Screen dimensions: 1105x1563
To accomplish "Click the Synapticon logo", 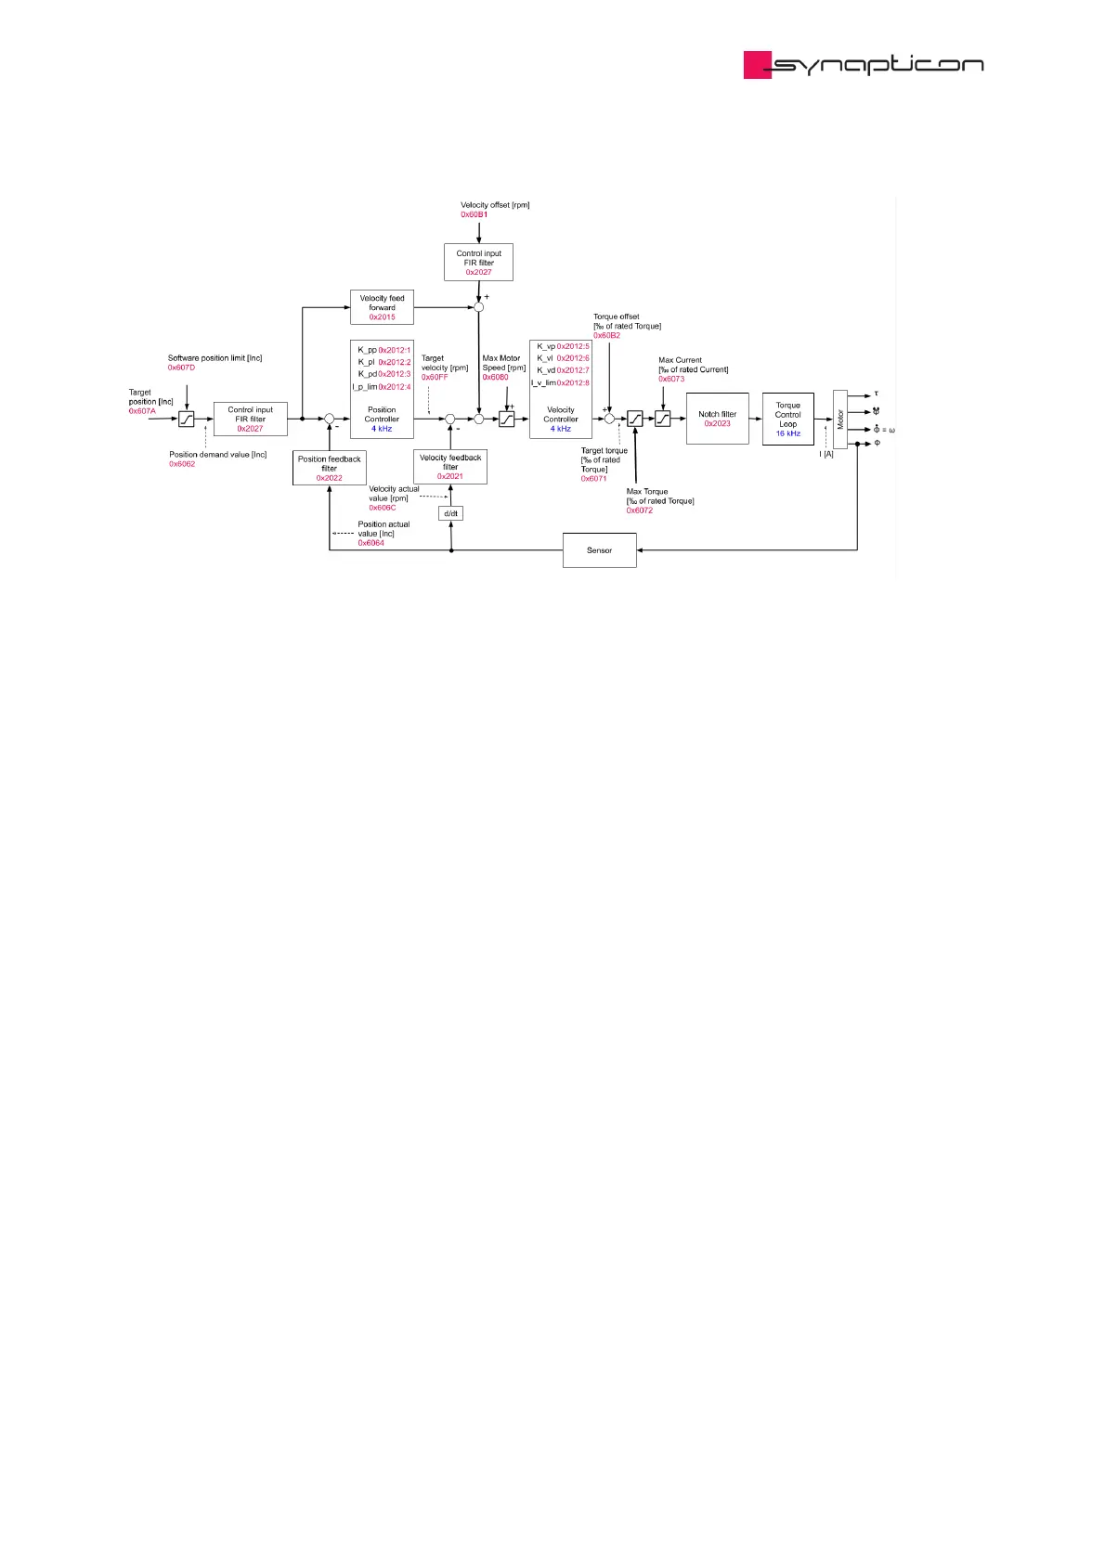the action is pos(863,64).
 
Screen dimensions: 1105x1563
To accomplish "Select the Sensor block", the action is pos(599,550).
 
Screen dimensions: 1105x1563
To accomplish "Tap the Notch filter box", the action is pos(717,419).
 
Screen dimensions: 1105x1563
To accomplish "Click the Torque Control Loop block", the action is pos(787,420).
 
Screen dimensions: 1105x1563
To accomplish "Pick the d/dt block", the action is pos(450,513).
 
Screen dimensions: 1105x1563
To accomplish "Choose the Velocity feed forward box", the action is pos(382,307).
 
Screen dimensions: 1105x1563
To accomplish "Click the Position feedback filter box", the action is pos(329,468).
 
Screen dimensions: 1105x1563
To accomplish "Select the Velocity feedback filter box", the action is pos(450,467).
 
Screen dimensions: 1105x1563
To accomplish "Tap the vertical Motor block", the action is pos(840,419).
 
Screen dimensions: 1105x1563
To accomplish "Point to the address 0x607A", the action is pos(142,411).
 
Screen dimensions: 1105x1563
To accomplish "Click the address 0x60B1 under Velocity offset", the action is pos(474,214).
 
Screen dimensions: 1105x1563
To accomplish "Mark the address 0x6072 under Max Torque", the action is pos(639,510).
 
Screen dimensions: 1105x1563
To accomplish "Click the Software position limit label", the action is pos(214,358).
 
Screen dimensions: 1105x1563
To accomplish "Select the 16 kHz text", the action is pos(787,433).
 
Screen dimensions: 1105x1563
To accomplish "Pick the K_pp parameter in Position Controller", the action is pos(368,350).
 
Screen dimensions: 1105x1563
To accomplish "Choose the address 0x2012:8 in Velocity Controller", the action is pos(573,382).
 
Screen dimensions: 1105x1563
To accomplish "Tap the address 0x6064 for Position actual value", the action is pos(371,543).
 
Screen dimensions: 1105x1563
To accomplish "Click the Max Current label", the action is pos(680,360).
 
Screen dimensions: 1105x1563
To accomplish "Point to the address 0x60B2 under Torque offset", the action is pos(606,335).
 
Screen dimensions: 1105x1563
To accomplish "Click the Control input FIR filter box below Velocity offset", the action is pos(478,262).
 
